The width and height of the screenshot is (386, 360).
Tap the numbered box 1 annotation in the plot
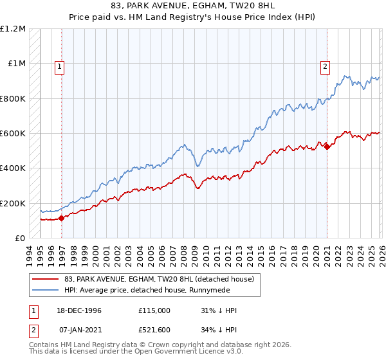[60, 66]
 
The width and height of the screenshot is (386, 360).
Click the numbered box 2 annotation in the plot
[326, 66]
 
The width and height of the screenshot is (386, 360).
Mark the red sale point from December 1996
[62, 218]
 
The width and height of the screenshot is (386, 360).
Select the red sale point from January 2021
[327, 147]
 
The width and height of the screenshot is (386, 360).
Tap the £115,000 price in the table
[154, 310]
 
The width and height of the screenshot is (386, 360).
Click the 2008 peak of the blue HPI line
[184, 144]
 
